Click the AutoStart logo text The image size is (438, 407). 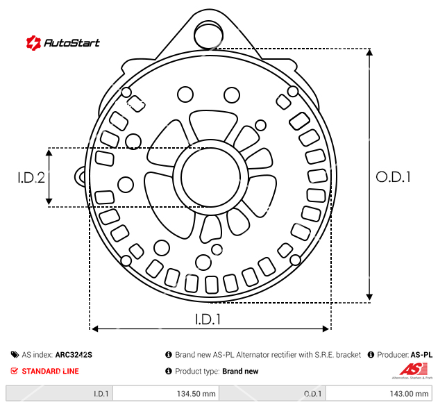[71, 43]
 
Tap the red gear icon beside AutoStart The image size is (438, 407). [34, 43]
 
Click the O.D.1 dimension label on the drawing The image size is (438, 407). [393, 177]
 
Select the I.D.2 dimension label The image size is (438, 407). [31, 178]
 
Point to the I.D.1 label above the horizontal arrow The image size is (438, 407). [208, 319]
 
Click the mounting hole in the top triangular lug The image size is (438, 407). [208, 35]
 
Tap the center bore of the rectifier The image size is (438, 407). [210, 177]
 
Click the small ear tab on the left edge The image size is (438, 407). [80, 177]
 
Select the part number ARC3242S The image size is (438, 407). [74, 355]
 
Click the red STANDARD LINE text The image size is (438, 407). [50, 371]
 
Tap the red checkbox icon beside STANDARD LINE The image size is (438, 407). [14, 371]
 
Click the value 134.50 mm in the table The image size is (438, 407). [196, 394]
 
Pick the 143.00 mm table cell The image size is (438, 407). [409, 394]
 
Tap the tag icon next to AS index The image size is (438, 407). [15, 355]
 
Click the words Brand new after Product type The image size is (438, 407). [240, 371]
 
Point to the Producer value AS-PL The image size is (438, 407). [421, 355]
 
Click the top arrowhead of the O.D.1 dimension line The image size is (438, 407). [369, 52]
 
